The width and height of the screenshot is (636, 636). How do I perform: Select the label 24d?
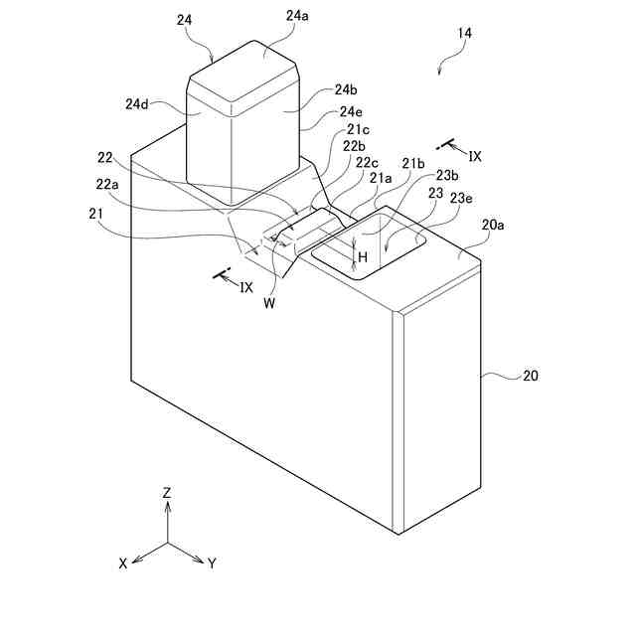pyautogui.click(x=139, y=103)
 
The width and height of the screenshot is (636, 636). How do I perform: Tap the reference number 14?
pyautogui.click(x=464, y=33)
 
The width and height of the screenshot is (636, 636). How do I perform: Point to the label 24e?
pyautogui.click(x=351, y=111)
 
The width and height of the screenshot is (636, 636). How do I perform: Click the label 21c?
pyautogui.click(x=359, y=129)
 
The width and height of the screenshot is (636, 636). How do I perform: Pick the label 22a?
pyautogui.click(x=107, y=186)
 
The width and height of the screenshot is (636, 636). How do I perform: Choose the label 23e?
pyautogui.click(x=461, y=197)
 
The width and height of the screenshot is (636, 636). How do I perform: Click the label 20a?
pyautogui.click(x=493, y=226)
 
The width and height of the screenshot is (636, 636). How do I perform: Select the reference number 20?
pyautogui.click(x=530, y=376)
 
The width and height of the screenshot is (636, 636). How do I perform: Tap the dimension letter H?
pyautogui.click(x=363, y=256)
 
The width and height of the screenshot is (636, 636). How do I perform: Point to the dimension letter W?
pyautogui.click(x=269, y=304)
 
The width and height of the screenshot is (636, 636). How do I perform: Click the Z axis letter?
pyautogui.click(x=167, y=492)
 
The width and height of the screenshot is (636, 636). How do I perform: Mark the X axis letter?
pyautogui.click(x=123, y=562)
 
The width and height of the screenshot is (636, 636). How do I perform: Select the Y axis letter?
pyautogui.click(x=212, y=562)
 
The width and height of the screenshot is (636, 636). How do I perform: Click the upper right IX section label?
pyautogui.click(x=475, y=156)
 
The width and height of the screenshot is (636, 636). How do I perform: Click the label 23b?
pyautogui.click(x=446, y=176)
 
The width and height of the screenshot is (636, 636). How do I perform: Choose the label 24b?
pyautogui.click(x=333, y=90)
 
